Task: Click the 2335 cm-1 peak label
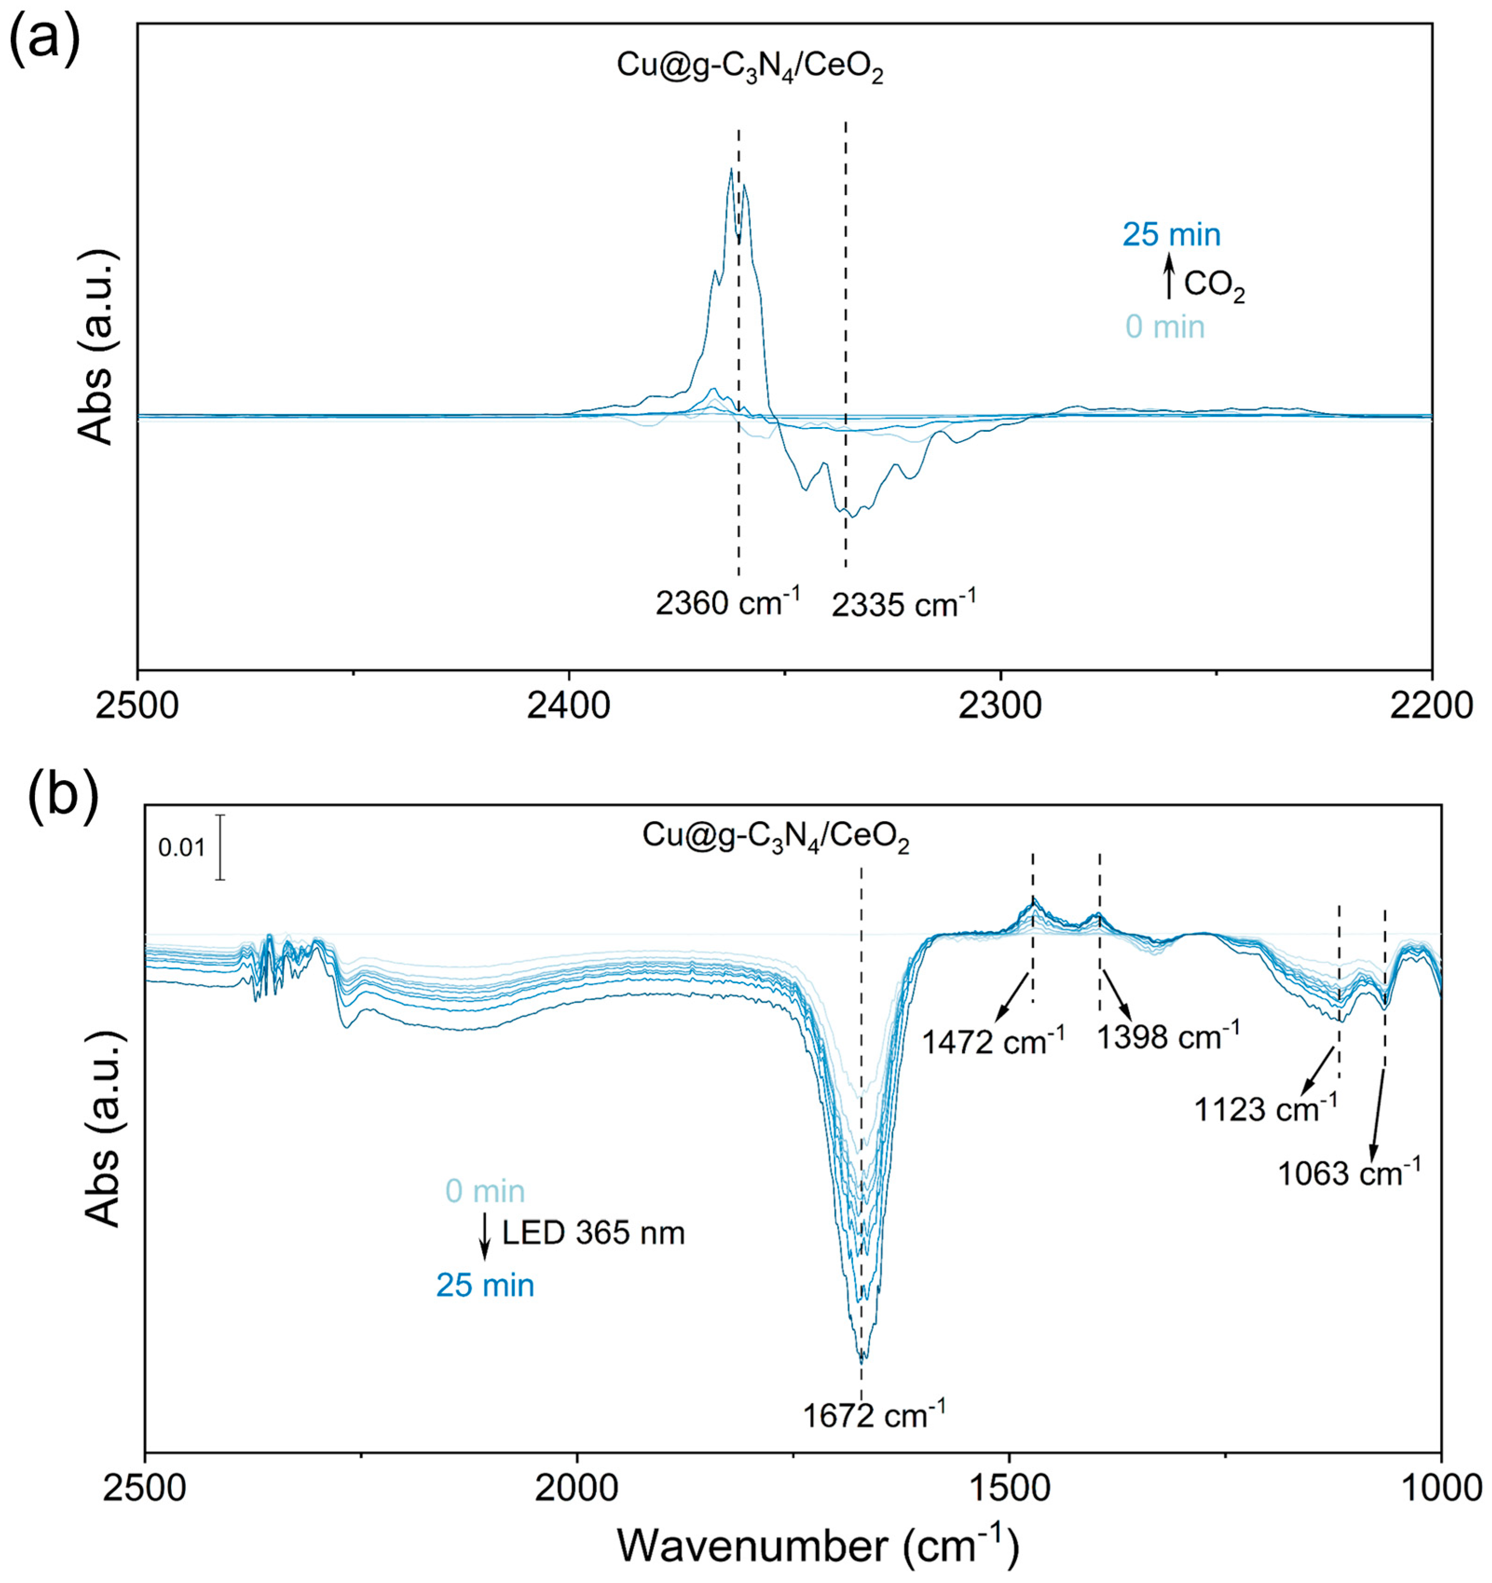pos(903,605)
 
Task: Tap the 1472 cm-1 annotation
pos(993,1041)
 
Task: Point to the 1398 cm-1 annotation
pos(1168,1037)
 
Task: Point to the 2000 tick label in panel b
pos(577,1488)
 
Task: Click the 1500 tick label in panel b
pos(1009,1488)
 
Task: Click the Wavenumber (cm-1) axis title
pos(818,1546)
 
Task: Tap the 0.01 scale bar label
pos(182,848)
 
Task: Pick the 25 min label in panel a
pos(1171,235)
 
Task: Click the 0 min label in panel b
pos(485,1191)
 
